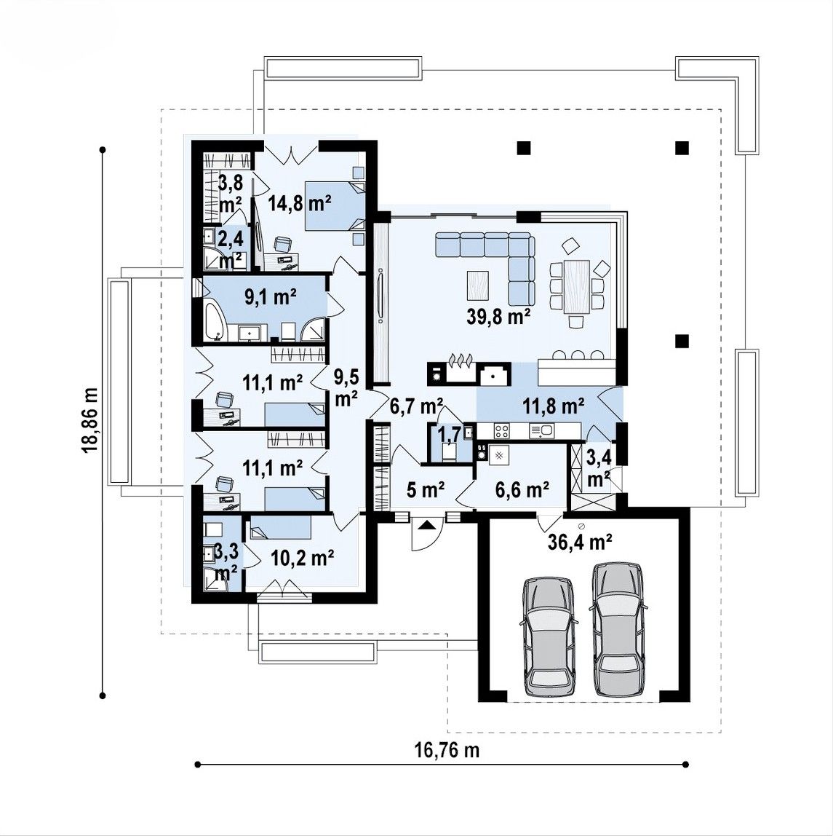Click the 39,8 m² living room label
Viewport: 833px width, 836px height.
coord(499,318)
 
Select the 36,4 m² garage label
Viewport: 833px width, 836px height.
coord(580,543)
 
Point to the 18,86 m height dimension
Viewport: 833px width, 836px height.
coord(89,421)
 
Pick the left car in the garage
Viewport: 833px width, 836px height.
coord(548,636)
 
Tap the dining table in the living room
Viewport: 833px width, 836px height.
coord(577,286)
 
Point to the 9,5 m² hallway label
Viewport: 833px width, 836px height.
coord(346,387)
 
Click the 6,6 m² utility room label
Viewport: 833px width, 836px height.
coord(522,489)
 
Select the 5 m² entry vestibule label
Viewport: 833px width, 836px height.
coord(426,489)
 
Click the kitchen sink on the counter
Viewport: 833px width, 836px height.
coord(542,430)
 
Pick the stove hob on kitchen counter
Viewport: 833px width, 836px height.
coord(502,430)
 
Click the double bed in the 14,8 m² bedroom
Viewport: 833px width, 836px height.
coord(335,205)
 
